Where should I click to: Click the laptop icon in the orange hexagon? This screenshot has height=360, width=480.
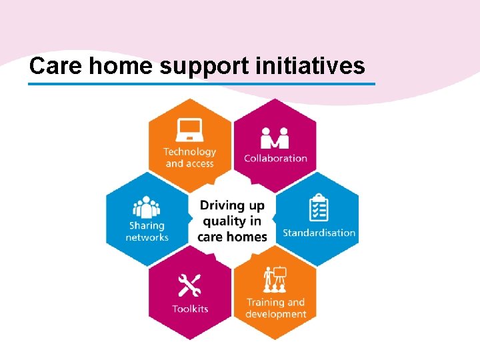point(189,130)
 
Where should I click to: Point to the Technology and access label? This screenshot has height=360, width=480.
point(190,157)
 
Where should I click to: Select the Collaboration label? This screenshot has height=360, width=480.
point(275,159)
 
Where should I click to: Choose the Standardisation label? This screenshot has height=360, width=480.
point(319,233)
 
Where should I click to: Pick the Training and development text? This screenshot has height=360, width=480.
point(275,308)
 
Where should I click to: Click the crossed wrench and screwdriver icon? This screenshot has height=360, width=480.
point(189,285)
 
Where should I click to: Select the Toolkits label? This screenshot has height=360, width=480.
point(190,309)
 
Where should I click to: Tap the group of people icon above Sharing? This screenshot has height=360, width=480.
point(147,207)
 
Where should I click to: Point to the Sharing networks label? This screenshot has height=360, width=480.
point(147,231)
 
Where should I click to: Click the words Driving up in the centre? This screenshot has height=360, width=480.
point(232,205)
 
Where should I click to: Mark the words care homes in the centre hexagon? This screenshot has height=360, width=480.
point(232,237)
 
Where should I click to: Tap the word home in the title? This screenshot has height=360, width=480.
point(117,66)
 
